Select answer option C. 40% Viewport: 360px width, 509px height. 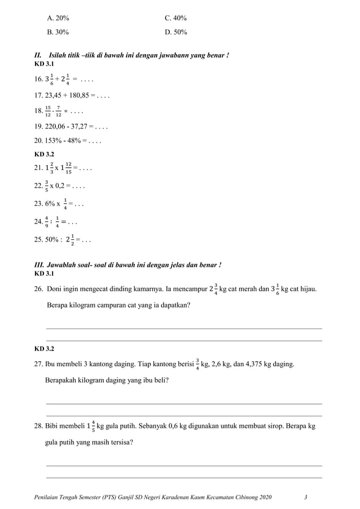175,18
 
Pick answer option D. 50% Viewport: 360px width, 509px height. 175,32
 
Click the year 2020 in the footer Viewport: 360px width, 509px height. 264,497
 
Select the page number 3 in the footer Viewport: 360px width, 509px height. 305,497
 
